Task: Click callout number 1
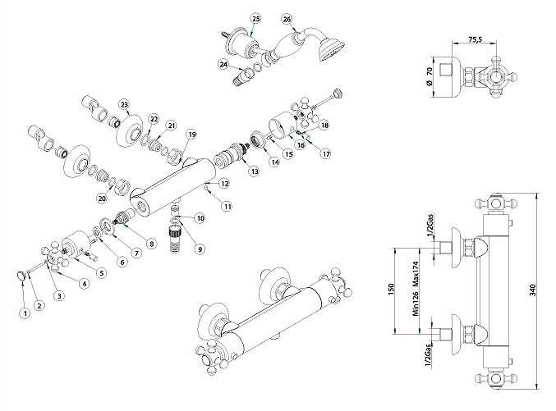25,311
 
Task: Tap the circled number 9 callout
200,249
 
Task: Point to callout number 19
192,134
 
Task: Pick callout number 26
286,19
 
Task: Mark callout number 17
325,153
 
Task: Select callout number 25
255,18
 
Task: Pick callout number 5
102,272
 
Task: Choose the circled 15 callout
288,153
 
